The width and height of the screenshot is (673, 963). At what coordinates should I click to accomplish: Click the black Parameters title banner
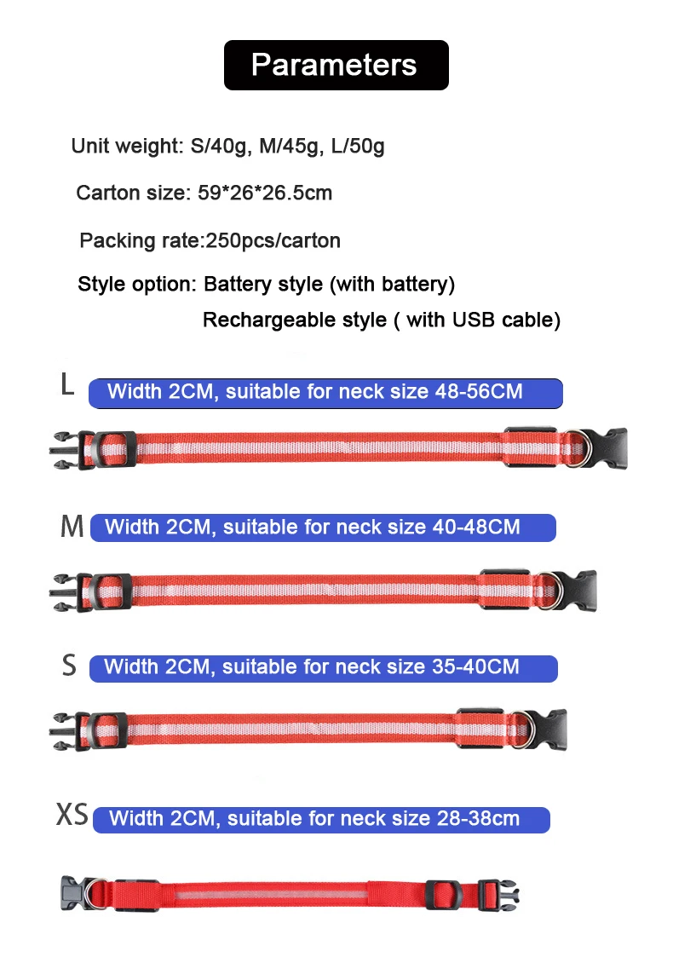point(336,65)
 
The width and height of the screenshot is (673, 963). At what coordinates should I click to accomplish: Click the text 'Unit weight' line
point(227,146)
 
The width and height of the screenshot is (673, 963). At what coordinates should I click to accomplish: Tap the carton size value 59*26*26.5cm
point(265,193)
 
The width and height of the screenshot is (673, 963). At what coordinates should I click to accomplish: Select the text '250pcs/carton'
point(273,240)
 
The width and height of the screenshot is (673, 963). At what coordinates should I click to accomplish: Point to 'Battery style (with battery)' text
point(329,283)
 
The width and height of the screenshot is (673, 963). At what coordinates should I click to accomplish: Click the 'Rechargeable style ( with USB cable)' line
point(381,320)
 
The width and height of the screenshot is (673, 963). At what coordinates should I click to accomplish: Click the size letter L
point(67,384)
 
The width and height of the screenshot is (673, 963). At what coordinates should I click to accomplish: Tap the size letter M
point(72,527)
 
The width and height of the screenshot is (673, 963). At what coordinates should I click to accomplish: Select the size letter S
point(69,666)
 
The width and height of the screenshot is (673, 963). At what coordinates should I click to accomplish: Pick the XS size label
point(72,815)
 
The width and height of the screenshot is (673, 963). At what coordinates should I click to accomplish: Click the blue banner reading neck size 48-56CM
point(325,392)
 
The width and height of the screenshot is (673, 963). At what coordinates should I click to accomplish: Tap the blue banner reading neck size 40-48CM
point(322,527)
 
